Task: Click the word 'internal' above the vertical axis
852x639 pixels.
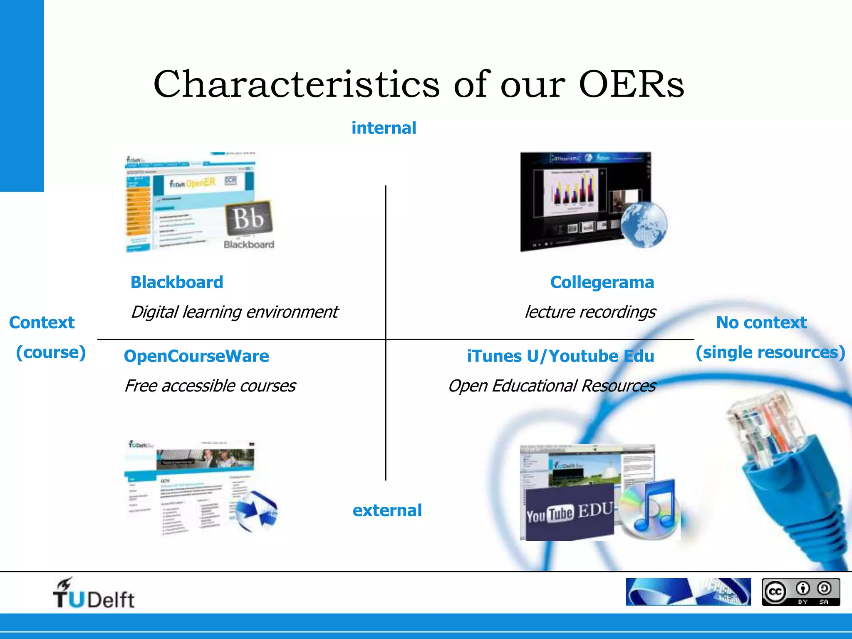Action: [384, 128]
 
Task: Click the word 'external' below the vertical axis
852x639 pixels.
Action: [387, 510]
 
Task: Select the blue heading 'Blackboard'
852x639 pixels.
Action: [177, 282]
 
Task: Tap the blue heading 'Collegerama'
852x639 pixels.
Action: [602, 282]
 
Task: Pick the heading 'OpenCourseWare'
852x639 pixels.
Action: [196, 356]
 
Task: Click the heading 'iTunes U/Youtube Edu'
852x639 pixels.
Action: [560, 356]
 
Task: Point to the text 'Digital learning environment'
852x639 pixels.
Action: [234, 312]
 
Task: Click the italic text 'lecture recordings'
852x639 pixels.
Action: [590, 312]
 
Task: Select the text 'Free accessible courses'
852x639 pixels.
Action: [210, 386]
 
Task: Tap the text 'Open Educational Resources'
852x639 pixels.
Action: [552, 386]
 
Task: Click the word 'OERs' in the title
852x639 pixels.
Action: [631, 84]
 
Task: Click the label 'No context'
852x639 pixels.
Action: [761, 323]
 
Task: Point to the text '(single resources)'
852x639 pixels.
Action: [770, 352]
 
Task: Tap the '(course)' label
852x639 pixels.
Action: [51, 352]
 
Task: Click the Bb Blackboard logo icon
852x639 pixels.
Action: [248, 218]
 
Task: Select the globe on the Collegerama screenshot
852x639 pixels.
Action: [644, 225]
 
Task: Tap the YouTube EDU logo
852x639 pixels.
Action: [569, 513]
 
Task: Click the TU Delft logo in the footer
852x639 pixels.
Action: [94, 594]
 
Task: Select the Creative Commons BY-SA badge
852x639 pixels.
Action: [801, 592]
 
